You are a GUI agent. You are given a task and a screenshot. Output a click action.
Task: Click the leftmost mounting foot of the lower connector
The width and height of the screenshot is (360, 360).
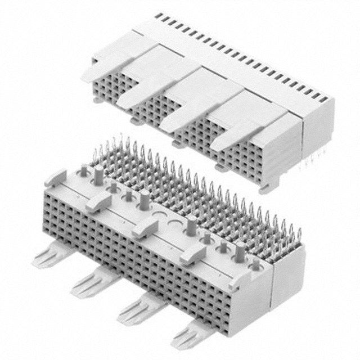tap(47, 256)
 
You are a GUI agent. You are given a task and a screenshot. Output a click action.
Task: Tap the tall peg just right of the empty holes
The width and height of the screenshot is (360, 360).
tap(192, 227)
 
